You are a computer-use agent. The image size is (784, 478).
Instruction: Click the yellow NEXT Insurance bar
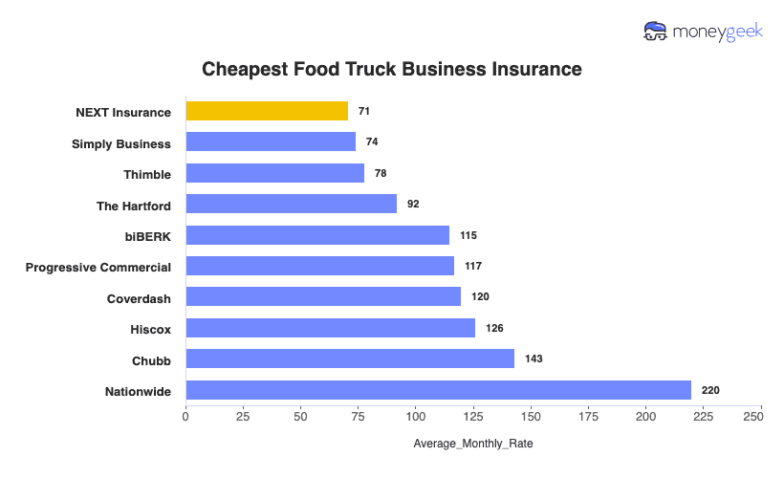(267, 111)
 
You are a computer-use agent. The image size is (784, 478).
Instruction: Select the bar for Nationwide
(438, 390)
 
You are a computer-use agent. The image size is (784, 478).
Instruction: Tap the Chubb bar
(350, 358)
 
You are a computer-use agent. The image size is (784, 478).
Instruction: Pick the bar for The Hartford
(291, 204)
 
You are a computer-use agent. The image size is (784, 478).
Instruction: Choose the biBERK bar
(317, 235)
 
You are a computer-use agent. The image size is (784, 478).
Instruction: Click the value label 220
(709, 390)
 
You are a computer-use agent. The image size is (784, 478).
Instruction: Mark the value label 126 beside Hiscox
(494, 328)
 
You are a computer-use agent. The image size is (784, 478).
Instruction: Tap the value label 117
(473, 266)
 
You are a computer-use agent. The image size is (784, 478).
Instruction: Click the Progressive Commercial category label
(98, 267)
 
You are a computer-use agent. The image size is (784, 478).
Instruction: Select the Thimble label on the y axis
(147, 174)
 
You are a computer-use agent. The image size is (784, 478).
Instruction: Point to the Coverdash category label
(139, 298)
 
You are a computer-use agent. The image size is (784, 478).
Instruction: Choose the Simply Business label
(121, 143)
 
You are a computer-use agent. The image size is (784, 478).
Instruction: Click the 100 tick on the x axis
(416, 417)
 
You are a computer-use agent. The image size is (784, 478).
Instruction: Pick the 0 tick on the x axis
(185, 417)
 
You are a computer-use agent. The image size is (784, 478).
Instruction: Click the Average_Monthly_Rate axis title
(473, 445)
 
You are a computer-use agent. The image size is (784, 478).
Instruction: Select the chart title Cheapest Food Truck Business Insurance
(392, 70)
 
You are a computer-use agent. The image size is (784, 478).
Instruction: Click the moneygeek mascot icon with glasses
(656, 32)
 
